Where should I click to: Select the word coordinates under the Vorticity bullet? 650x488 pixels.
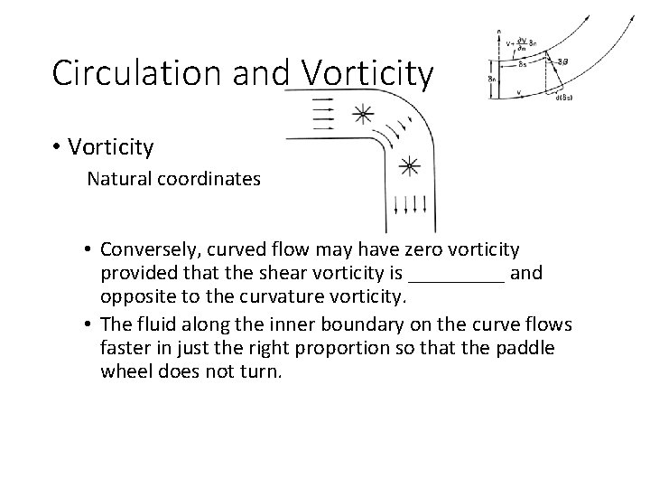[206, 179]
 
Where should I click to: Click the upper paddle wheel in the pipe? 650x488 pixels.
[361, 115]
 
